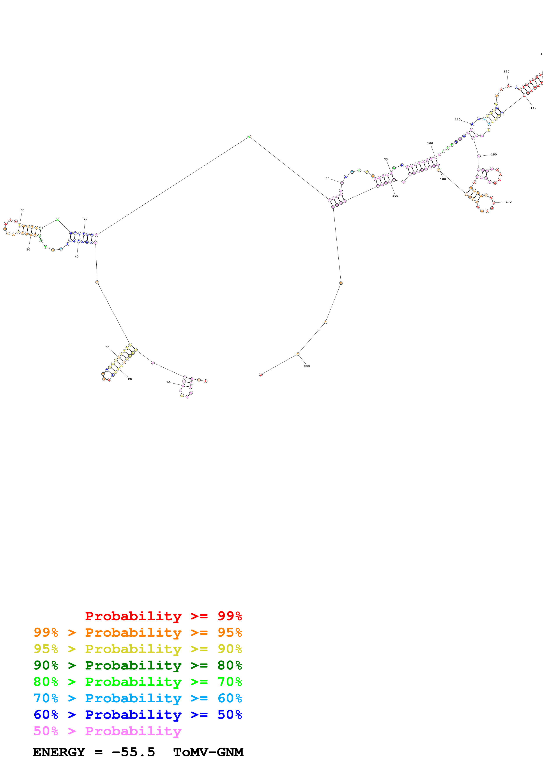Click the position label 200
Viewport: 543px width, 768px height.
click(x=307, y=366)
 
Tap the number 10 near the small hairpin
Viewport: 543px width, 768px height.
click(x=168, y=382)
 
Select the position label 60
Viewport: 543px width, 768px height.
click(x=22, y=210)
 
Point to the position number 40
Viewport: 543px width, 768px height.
click(x=77, y=257)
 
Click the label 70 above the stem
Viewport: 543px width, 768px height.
click(x=85, y=219)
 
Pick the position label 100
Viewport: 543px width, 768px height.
click(x=430, y=143)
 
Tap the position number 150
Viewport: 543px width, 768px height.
click(x=493, y=155)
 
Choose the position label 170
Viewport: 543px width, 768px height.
click(x=509, y=202)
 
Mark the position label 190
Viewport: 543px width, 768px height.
click(x=395, y=196)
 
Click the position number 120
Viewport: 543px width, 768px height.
click(x=507, y=72)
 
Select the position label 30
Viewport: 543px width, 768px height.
click(x=107, y=347)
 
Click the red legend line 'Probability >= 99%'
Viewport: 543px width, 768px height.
click(x=163, y=616)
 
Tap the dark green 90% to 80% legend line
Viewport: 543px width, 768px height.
click(x=138, y=665)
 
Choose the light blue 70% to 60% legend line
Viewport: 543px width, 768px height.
click(x=138, y=698)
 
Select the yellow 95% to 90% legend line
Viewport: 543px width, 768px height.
click(x=138, y=649)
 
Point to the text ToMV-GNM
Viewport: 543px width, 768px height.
click(x=208, y=752)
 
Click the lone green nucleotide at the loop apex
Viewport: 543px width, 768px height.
click(x=249, y=136)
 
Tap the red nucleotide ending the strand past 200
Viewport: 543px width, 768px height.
click(x=261, y=375)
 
